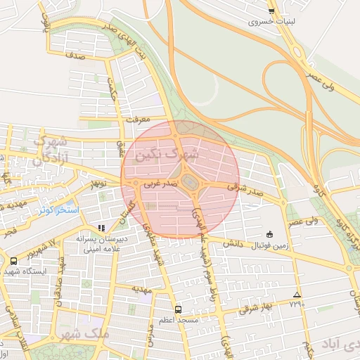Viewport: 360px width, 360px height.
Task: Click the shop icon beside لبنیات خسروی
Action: (271, 11)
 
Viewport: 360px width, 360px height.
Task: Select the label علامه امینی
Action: (101, 248)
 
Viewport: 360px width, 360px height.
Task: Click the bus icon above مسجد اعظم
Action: (178, 309)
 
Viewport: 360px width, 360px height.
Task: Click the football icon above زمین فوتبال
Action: (270, 234)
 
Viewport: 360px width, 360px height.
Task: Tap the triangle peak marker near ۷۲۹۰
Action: (297, 295)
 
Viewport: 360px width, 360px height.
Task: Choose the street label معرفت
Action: (139, 120)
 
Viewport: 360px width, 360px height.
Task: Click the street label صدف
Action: (77, 54)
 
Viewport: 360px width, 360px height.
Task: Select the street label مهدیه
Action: (143, 289)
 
